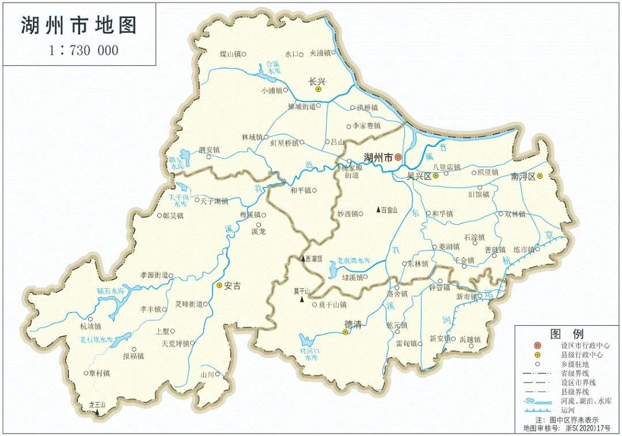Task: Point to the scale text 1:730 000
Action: click(x=84, y=51)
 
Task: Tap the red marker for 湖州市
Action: click(x=397, y=157)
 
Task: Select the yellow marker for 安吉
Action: click(x=219, y=285)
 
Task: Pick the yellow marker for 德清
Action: click(x=346, y=333)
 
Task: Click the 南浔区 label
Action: click(x=523, y=176)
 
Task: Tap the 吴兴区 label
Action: click(x=419, y=176)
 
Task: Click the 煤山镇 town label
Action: click(x=229, y=54)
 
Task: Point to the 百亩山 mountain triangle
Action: click(x=378, y=209)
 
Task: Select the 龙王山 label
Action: click(x=97, y=405)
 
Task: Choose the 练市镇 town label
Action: click(x=524, y=250)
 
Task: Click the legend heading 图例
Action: click(x=567, y=334)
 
